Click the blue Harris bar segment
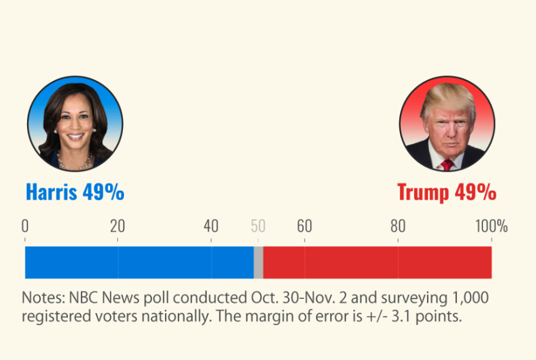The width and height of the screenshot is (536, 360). coord(138,262)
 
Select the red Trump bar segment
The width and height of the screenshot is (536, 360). coord(377,262)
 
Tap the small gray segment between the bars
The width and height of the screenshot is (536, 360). coord(258,262)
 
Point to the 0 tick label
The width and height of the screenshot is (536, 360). coord(25,226)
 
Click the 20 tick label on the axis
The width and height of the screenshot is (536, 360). coord(118,226)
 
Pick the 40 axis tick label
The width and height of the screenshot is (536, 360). coord(211,226)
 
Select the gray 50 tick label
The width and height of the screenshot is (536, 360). coord(258,226)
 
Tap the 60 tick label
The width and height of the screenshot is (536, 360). coord(305,226)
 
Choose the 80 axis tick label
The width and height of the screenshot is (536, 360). coord(398,226)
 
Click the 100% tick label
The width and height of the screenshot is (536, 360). coord(491,226)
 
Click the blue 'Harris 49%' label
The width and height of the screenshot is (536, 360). coord(75,192)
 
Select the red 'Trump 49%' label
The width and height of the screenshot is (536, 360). coord(447,192)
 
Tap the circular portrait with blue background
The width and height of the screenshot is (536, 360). coord(75,123)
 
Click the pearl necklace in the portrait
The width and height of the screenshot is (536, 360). coord(74,163)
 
